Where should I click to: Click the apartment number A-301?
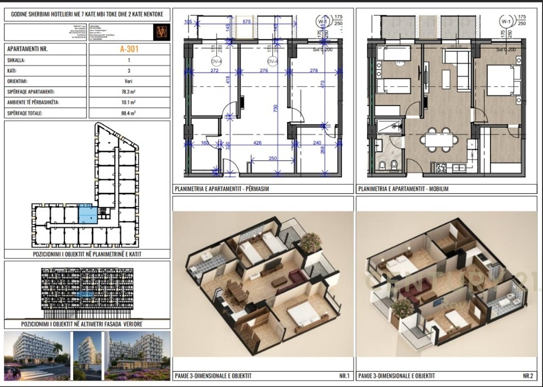129,49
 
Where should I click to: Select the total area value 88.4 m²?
129,113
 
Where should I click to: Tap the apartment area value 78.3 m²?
129,92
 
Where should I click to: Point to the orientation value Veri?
129,81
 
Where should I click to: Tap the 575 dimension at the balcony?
246,21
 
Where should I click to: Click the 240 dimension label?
316,143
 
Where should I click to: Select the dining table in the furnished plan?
439,140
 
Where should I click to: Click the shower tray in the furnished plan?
389,126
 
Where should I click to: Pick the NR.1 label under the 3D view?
344,376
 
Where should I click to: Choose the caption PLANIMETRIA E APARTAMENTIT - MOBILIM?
403,189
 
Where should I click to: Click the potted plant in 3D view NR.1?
311,242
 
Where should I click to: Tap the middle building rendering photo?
88,356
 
